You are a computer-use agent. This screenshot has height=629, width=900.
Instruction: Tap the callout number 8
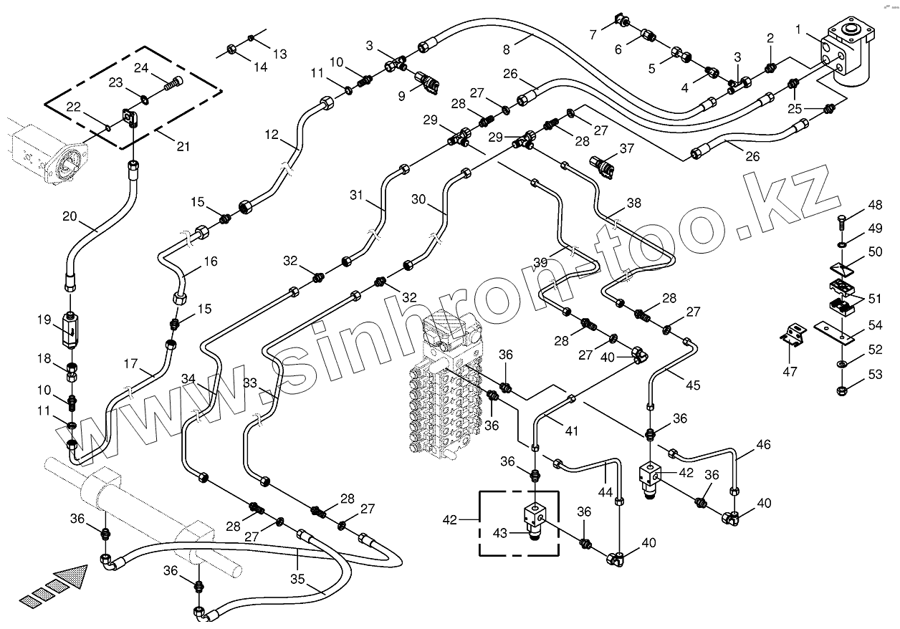[507, 49]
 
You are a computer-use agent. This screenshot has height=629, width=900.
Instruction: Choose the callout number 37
[628, 148]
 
